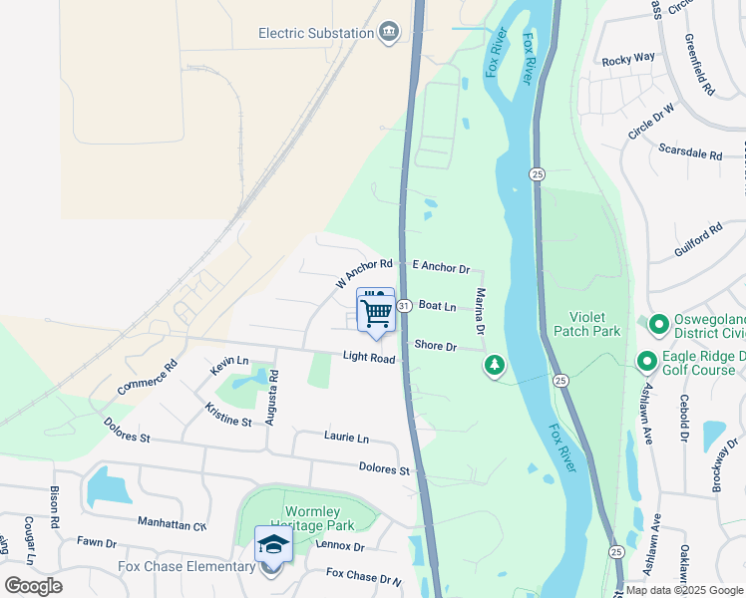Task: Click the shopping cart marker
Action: pyautogui.click(x=376, y=312)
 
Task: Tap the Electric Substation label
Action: pyautogui.click(x=315, y=33)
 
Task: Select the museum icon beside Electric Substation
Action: pyautogui.click(x=389, y=33)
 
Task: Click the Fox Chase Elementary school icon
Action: pyautogui.click(x=272, y=545)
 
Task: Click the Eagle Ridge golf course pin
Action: pyautogui.click(x=646, y=361)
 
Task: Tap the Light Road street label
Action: pyautogui.click(x=369, y=357)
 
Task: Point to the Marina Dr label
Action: pyautogui.click(x=480, y=311)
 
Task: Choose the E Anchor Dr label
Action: pyautogui.click(x=441, y=266)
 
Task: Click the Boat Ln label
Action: pyautogui.click(x=437, y=306)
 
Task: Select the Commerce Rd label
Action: pyautogui.click(x=147, y=376)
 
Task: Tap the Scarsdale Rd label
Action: pyautogui.click(x=690, y=153)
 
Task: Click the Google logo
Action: pyautogui.click(x=33, y=585)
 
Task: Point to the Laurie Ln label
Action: pyautogui.click(x=346, y=437)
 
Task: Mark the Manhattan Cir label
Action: pyautogui.click(x=172, y=524)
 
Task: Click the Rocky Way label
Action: pyautogui.click(x=628, y=60)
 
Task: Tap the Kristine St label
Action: pyautogui.click(x=228, y=415)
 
